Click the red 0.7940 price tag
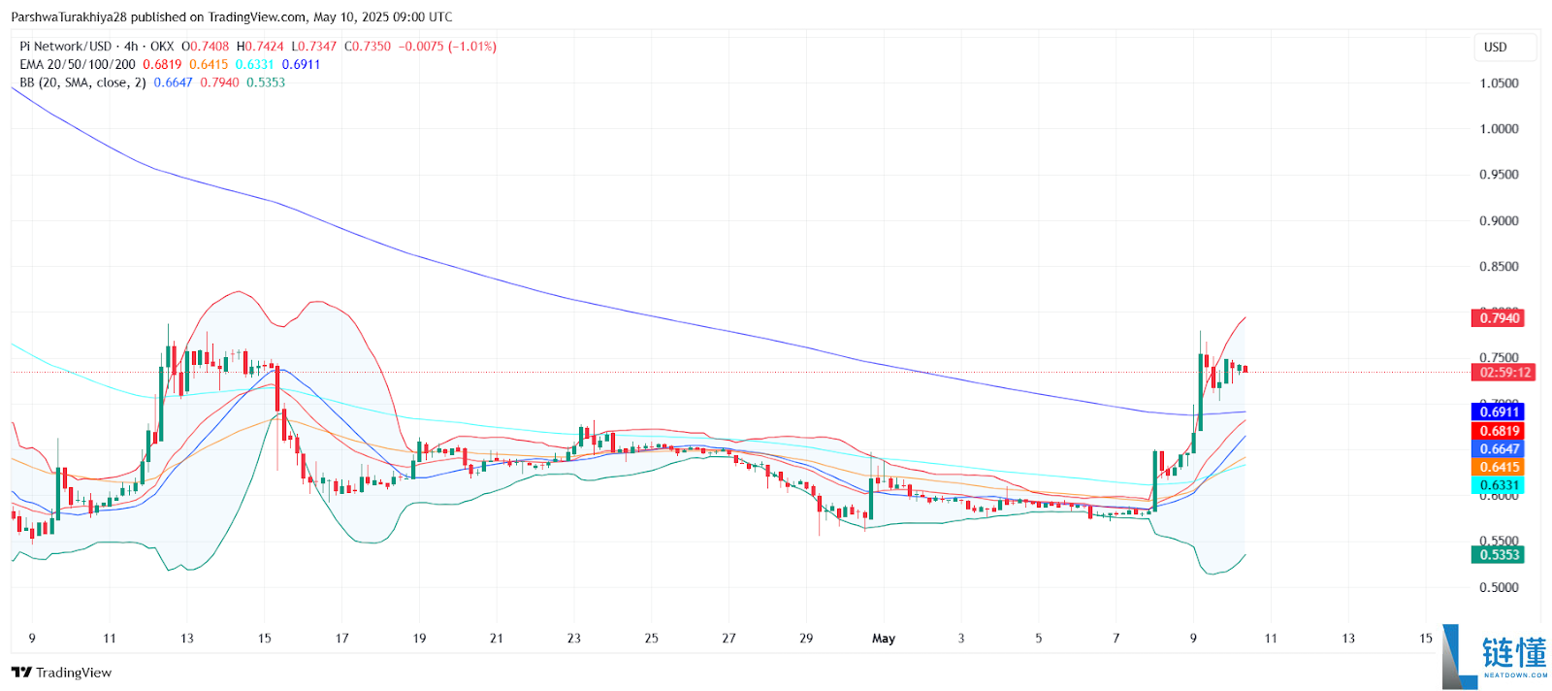click(x=1498, y=318)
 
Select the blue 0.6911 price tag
click(x=1498, y=412)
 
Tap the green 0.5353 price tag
click(x=1498, y=555)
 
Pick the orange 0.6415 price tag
click(x=1498, y=468)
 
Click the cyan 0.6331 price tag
click(x=1498, y=485)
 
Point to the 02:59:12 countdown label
click(x=1505, y=373)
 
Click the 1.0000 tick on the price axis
click(x=1499, y=129)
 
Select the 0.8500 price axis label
click(x=1499, y=267)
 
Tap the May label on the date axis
click(x=883, y=639)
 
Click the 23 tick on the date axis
click(x=574, y=639)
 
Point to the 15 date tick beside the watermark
click(x=1426, y=639)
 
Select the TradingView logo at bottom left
click(x=62, y=673)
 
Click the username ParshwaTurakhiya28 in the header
click(x=69, y=17)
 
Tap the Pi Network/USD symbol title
click(x=66, y=47)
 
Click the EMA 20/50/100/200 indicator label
click(x=78, y=65)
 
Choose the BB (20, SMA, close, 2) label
click(x=82, y=83)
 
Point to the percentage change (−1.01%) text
click(x=472, y=47)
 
